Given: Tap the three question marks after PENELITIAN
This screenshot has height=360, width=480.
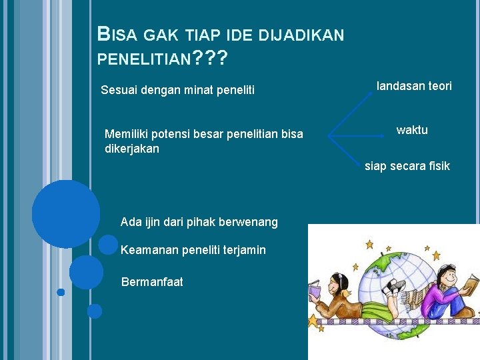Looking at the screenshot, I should (209, 61).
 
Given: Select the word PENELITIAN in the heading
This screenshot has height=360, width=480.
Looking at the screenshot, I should (143, 61).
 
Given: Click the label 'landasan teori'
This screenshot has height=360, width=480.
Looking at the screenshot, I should (414, 86).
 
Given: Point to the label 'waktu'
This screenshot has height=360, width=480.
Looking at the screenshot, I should (412, 130).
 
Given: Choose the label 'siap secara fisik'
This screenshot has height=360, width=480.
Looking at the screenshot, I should (407, 166).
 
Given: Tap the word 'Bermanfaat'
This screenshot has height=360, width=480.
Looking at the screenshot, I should (152, 282).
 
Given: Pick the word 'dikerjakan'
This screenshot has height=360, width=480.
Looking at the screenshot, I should (132, 149).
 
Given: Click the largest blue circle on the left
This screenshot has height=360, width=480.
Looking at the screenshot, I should (65, 214).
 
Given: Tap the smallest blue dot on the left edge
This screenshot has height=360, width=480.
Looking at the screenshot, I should (61, 292).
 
